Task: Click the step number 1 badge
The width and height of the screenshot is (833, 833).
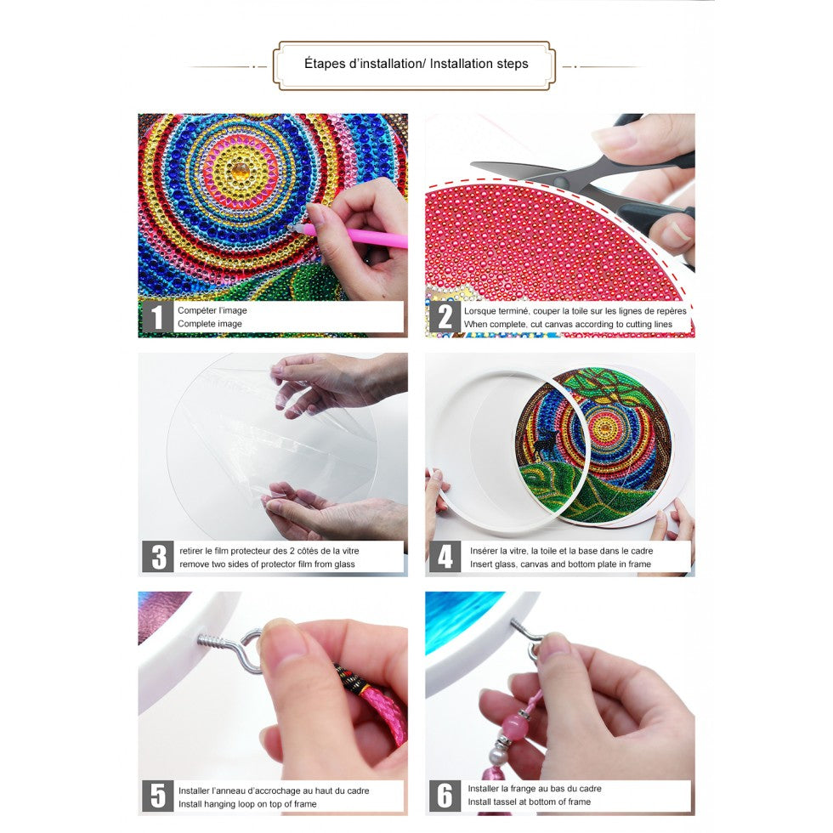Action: [157, 317]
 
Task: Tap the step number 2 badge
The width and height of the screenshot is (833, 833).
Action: [445, 317]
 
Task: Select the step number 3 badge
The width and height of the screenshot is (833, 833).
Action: [158, 557]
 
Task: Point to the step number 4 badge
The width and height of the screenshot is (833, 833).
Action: [445, 557]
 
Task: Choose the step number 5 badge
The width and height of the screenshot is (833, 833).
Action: [158, 796]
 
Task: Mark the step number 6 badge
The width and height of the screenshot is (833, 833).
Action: [445, 796]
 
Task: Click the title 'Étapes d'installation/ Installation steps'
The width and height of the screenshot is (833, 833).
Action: [416, 64]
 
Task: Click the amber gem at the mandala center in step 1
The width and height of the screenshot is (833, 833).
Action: [240, 171]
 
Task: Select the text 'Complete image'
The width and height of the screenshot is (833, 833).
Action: [210, 324]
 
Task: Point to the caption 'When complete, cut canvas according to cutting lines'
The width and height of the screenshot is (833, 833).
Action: [568, 324]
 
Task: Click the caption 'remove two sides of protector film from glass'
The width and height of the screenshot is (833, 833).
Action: [267, 564]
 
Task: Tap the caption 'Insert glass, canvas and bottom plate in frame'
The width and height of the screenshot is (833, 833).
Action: [560, 564]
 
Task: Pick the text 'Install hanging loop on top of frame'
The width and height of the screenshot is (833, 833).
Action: [247, 804]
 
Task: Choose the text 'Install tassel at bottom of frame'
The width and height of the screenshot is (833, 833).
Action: [529, 802]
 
